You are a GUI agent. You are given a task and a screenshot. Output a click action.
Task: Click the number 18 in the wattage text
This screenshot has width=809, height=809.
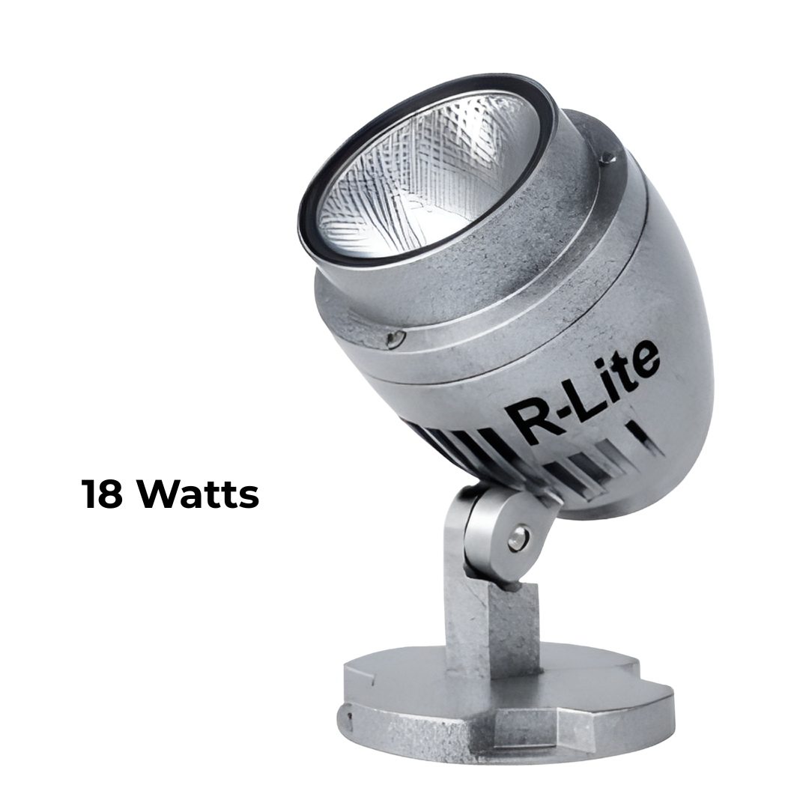point(102,494)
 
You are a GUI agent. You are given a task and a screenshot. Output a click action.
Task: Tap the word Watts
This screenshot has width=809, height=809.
point(198,494)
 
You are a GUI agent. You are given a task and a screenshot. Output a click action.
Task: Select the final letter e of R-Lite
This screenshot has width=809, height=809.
point(644,360)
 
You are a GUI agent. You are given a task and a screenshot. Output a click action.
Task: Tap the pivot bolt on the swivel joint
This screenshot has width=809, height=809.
point(516,538)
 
